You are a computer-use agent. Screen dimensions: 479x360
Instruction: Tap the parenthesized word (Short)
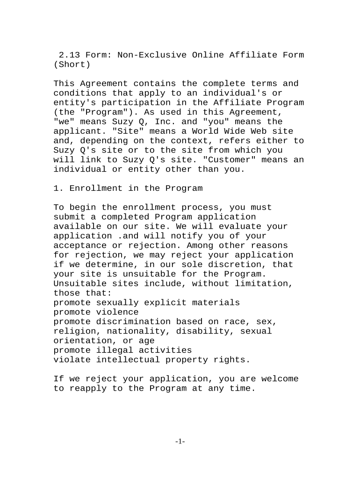72,65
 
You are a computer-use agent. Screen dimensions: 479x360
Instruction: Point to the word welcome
280,379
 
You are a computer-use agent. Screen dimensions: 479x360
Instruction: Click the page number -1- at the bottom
180,442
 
